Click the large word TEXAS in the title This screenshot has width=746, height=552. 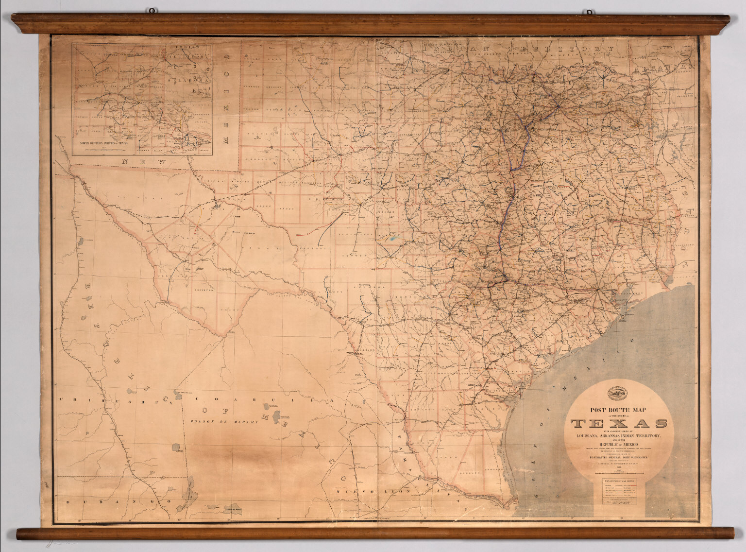(619, 423)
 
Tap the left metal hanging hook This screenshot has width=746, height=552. (153, 11)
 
